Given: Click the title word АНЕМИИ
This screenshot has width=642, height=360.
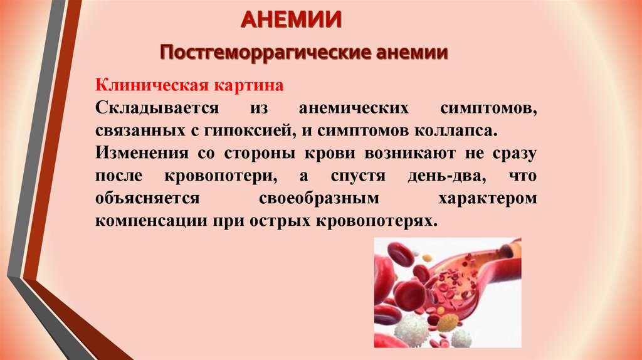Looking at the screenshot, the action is (291, 19).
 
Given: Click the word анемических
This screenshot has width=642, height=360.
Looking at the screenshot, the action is (354, 108).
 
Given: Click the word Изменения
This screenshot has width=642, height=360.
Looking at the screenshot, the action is (142, 153).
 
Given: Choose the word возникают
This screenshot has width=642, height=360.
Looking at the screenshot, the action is (410, 154).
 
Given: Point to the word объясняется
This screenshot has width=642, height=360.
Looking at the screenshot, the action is (147, 198).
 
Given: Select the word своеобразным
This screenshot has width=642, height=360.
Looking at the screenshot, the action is (319, 199).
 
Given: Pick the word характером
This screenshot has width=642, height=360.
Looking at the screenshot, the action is (488, 199).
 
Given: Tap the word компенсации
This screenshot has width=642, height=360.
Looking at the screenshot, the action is (151, 221).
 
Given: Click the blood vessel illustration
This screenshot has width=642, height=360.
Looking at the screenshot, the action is (448, 292).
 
